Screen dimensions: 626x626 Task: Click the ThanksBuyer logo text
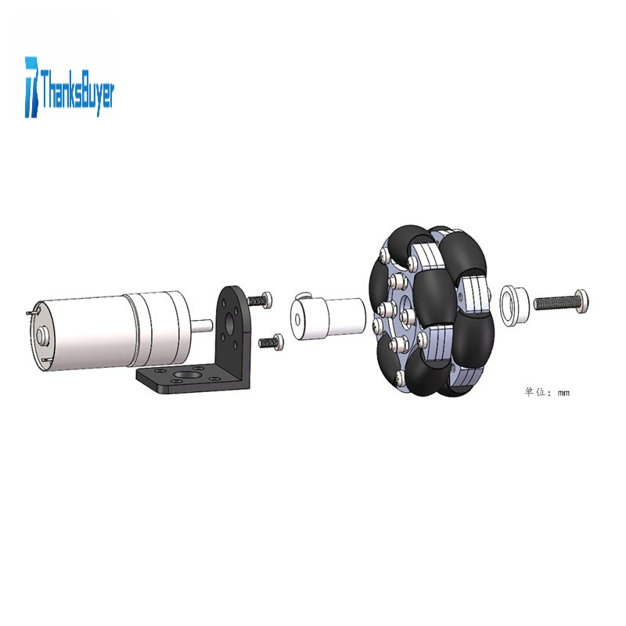(x=77, y=90)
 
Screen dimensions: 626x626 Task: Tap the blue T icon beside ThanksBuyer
(x=32, y=87)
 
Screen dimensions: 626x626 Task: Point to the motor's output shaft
(x=202, y=324)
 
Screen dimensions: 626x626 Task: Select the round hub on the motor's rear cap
(x=42, y=335)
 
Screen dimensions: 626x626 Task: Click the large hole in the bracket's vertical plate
(x=229, y=323)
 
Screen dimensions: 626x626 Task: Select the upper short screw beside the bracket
(x=260, y=300)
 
